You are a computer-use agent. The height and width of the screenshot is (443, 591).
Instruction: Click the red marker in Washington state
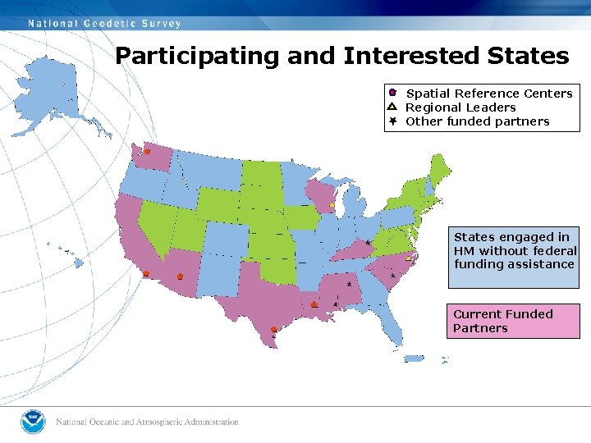click(x=148, y=152)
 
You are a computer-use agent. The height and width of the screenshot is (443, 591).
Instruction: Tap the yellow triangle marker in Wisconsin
click(x=332, y=204)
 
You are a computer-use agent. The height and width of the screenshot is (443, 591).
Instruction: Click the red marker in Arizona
click(x=181, y=277)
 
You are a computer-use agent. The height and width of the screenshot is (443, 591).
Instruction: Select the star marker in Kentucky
click(x=368, y=243)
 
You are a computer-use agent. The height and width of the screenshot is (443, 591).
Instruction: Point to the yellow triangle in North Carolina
click(x=409, y=257)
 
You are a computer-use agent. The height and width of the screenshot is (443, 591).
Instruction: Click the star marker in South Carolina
click(x=393, y=276)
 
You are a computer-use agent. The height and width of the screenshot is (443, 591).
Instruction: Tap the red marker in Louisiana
click(x=314, y=304)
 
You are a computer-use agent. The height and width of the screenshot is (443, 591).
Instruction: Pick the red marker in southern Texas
click(x=274, y=330)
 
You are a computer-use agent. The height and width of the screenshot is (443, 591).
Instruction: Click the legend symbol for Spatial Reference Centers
click(x=392, y=93)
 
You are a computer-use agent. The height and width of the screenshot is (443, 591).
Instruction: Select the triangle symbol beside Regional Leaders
click(x=392, y=107)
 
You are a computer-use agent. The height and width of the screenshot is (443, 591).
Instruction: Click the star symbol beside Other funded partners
click(x=392, y=121)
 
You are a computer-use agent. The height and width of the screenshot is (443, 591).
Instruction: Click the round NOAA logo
click(x=34, y=422)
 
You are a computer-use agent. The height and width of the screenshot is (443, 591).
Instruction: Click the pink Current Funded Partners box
click(x=513, y=321)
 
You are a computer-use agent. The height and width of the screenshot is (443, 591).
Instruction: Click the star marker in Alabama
click(x=349, y=285)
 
